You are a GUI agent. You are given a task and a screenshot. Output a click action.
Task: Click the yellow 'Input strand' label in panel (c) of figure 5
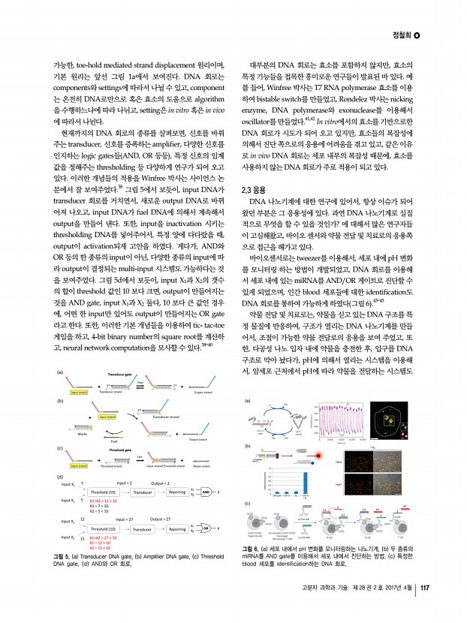(73, 465)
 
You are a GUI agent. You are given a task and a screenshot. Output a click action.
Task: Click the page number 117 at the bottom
(424, 607)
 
